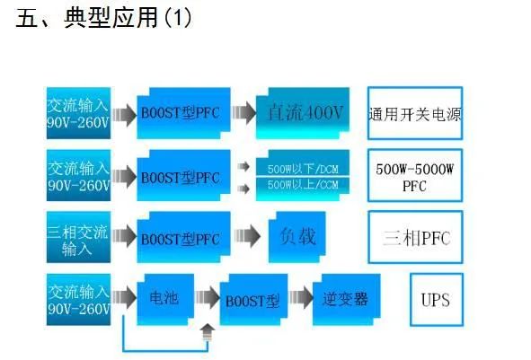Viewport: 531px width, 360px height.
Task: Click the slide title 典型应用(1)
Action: coord(103,17)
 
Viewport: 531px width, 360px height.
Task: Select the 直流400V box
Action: coord(303,113)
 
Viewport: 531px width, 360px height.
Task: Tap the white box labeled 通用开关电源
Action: coord(415,113)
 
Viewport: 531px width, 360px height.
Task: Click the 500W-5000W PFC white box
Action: coord(415,176)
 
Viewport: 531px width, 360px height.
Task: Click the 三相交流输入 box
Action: coord(78,237)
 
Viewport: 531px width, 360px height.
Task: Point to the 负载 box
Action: coord(297,237)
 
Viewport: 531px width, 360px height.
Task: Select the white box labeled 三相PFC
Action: coord(415,237)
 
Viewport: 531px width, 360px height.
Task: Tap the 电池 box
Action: coord(165,300)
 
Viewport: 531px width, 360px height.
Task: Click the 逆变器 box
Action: coord(346,300)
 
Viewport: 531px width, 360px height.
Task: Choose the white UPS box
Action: coord(437,300)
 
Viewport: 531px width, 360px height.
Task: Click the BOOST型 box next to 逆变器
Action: coord(253,300)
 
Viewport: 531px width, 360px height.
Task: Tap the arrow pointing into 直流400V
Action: coord(243,113)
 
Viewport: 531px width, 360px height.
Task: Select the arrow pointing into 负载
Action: coord(247,236)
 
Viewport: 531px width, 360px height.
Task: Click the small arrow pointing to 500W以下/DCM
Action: coord(243,166)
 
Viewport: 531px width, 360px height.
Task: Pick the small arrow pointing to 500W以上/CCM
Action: coord(243,189)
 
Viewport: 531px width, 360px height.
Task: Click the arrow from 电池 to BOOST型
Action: coord(208,297)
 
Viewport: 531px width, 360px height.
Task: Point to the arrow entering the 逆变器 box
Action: coord(301,297)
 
